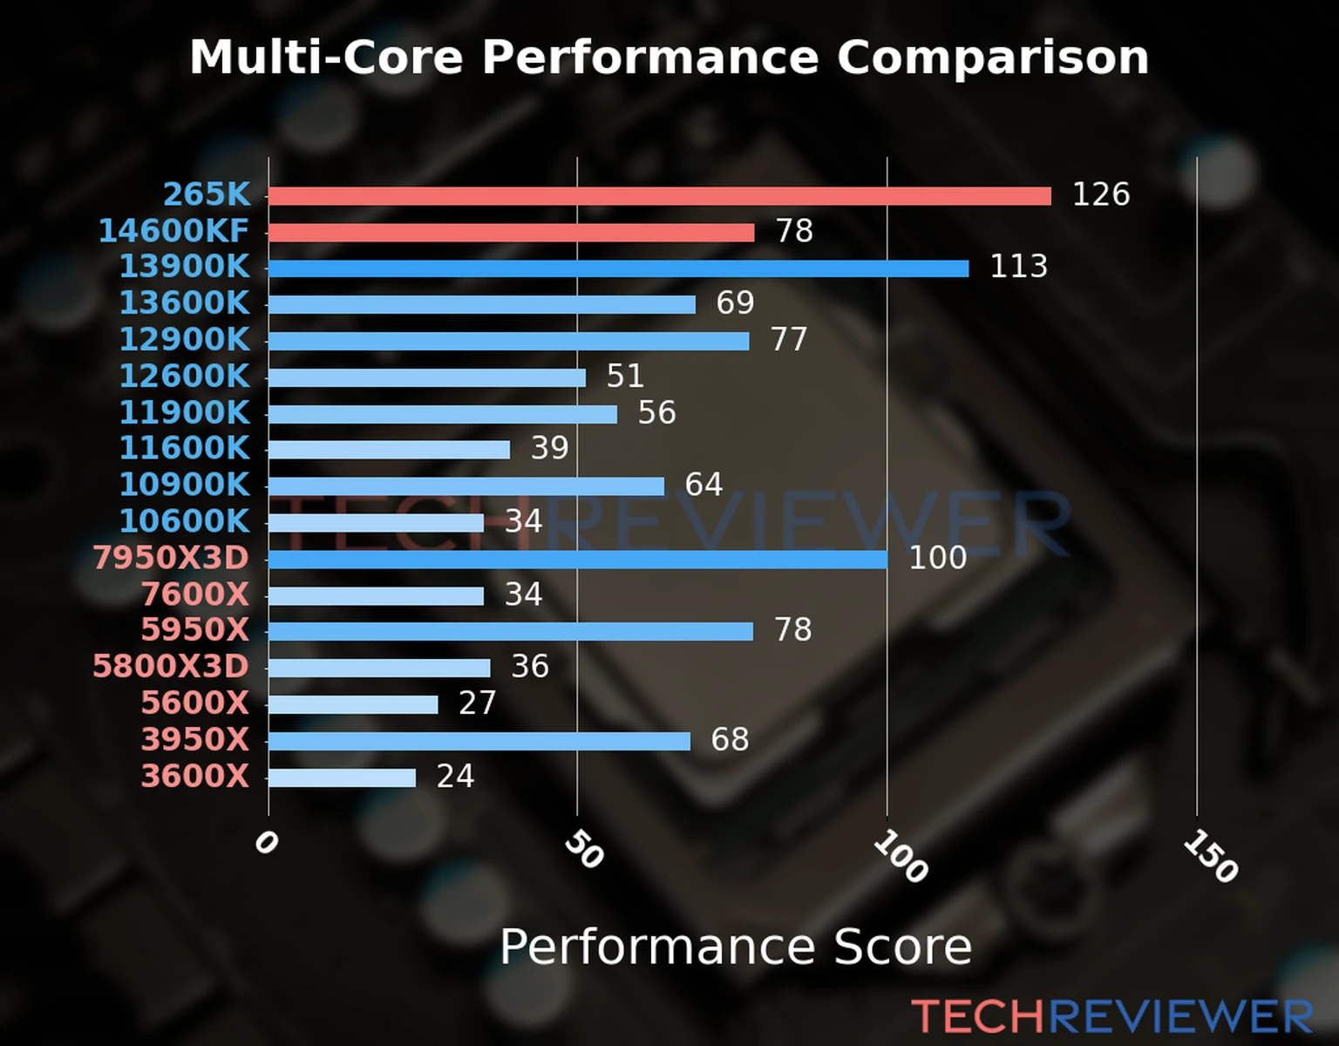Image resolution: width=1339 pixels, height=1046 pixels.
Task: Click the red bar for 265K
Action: pyautogui.click(x=659, y=195)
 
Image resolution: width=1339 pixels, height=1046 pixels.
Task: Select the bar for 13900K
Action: pyautogui.click(x=618, y=268)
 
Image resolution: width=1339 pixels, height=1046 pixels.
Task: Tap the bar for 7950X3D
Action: pyautogui.click(x=577, y=559)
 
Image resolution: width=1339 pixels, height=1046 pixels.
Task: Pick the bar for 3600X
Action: pyautogui.click(x=342, y=778)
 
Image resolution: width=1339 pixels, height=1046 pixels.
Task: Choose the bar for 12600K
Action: pyautogui.click(x=427, y=377)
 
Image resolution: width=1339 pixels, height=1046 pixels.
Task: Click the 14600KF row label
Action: pyautogui.click(x=173, y=231)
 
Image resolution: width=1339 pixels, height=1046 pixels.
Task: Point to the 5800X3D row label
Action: pyautogui.click(x=171, y=667)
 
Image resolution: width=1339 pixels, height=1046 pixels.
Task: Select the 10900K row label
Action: pyautogui.click(x=184, y=485)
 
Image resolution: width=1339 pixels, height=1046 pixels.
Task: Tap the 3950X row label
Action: pyautogui.click(x=195, y=740)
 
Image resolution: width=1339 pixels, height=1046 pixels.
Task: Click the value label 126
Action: pyautogui.click(x=1100, y=194)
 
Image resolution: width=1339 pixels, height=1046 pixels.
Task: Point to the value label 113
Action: pyautogui.click(x=1018, y=267)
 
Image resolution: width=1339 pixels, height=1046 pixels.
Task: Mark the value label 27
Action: pyautogui.click(x=477, y=703)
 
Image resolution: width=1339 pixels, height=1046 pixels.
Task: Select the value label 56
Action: pyautogui.click(x=656, y=413)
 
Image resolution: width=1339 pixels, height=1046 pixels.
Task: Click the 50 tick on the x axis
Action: pyautogui.click(x=583, y=849)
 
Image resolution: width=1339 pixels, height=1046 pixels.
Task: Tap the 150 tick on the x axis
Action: pyautogui.click(x=1210, y=856)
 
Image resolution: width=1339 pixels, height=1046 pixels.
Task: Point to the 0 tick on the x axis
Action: pyautogui.click(x=266, y=842)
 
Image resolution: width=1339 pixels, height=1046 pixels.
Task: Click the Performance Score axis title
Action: pyautogui.click(x=735, y=947)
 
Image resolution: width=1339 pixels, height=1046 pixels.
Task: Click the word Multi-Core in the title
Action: pyautogui.click(x=326, y=58)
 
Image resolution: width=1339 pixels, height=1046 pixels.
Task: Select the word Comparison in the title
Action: pyautogui.click(x=993, y=58)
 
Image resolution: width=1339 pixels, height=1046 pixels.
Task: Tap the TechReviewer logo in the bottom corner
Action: pyautogui.click(x=1111, y=1016)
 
